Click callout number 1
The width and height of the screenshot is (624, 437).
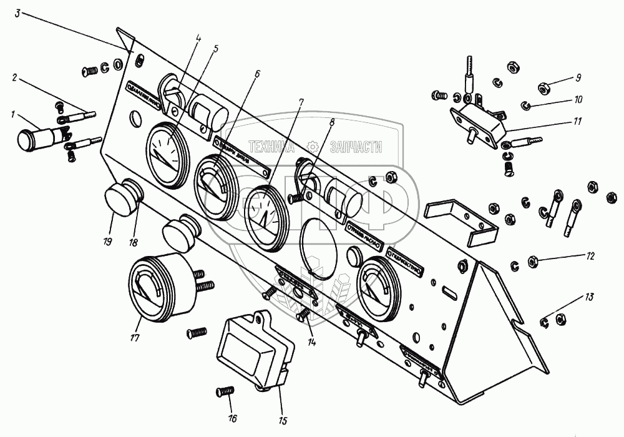[x=13, y=114]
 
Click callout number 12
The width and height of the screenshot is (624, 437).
[x=590, y=256]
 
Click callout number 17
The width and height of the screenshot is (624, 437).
[x=135, y=338]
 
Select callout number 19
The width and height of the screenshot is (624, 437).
[x=108, y=240]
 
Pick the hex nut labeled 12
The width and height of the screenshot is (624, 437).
[x=534, y=260]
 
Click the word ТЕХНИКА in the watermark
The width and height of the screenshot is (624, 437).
[x=271, y=147]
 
